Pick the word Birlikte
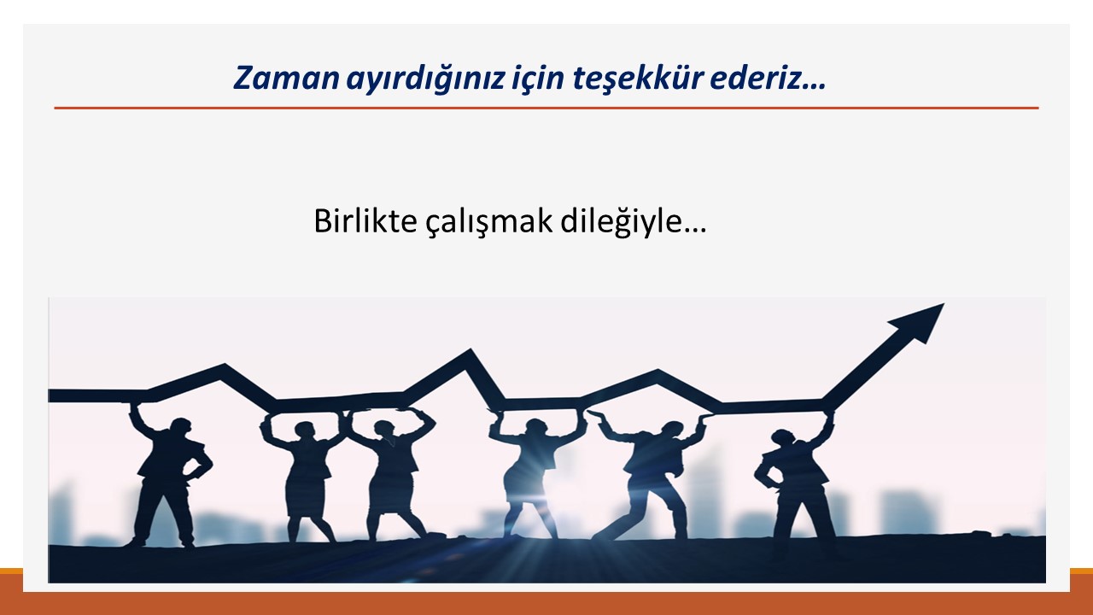[x=365, y=221]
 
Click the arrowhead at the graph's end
[x=918, y=321]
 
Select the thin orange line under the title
[x=546, y=108]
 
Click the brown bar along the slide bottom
[x=546, y=603]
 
